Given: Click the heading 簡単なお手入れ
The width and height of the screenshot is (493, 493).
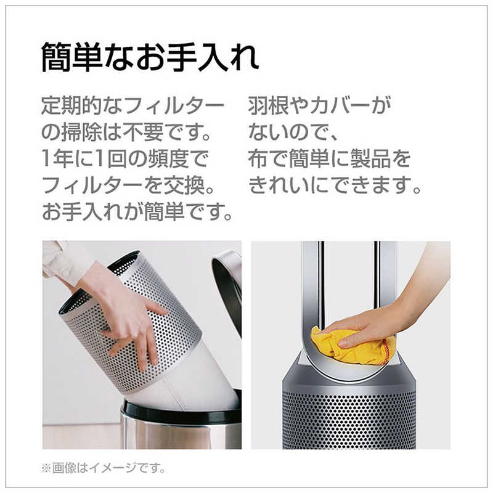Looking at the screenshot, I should pos(150,59).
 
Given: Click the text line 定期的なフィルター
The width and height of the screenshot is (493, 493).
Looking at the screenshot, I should pos(132,106).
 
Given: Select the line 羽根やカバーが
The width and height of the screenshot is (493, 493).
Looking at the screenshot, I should pos(319,106).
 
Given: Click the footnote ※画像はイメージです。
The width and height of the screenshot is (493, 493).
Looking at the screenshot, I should pos(104,468).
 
